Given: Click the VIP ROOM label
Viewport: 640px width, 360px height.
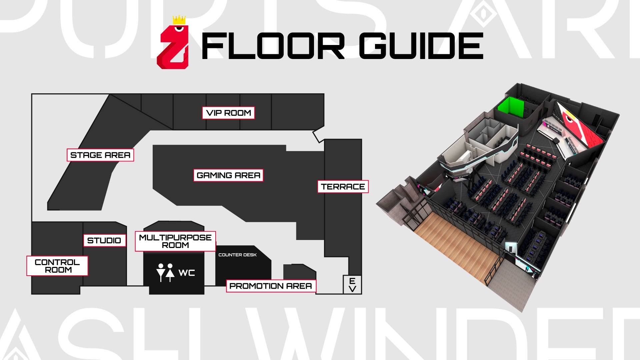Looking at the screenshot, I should (x=228, y=113).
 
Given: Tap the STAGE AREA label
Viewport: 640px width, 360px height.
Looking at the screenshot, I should (x=100, y=155).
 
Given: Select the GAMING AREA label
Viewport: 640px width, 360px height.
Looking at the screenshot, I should (x=228, y=175).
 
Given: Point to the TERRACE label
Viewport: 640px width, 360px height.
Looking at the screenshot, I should (x=343, y=187).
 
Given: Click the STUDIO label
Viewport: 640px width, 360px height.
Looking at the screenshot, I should (x=104, y=240).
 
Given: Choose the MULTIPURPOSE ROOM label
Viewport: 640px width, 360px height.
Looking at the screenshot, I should (x=175, y=241).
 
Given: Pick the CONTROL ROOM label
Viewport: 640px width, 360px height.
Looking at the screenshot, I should (x=57, y=266).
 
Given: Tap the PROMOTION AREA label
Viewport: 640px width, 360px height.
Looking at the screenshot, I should (x=271, y=286).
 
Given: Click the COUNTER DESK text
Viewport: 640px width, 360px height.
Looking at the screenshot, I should (x=237, y=255).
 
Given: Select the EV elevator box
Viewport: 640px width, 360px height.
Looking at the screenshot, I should (x=352, y=285).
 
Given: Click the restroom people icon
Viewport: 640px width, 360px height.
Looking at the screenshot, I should (x=165, y=273).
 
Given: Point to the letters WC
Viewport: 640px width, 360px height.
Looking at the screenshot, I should (x=187, y=273).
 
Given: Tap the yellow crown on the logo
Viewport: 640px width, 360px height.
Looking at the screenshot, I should (x=179, y=20).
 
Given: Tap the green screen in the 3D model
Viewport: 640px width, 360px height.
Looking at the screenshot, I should (x=510, y=107).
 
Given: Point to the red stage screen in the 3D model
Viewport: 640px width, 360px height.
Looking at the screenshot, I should (x=580, y=127).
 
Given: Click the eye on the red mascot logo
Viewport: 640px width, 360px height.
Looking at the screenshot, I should (x=179, y=28).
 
